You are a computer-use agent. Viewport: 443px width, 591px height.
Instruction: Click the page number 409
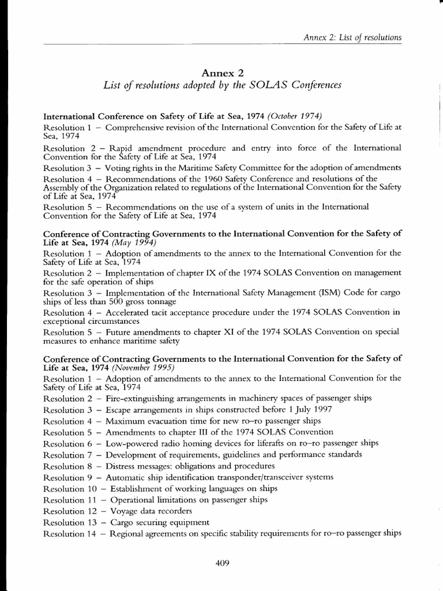point(222,564)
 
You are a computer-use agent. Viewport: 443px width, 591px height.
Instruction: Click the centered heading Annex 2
point(221,72)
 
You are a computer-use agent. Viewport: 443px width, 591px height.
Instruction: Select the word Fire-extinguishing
point(139,398)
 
